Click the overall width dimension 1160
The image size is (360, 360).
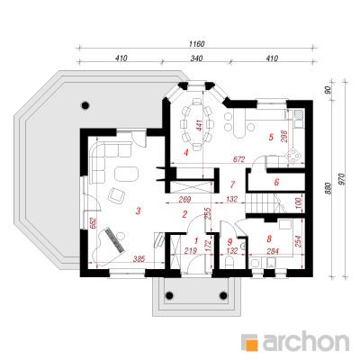tap(197, 44)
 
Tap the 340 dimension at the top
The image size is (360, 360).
tap(196, 58)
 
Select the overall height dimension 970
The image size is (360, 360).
tap(344, 179)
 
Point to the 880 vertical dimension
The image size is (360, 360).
tap(328, 188)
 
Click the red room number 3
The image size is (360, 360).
tap(138, 211)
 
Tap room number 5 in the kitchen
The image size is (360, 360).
tap(271, 138)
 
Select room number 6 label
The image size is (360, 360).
tap(276, 182)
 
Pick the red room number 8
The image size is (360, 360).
tap(269, 238)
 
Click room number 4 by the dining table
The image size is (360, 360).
tap(186, 153)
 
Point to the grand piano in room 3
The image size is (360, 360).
tap(110, 246)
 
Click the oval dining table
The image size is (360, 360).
tap(197, 124)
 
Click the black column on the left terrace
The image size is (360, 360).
tap(85, 105)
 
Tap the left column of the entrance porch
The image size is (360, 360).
tap(169, 295)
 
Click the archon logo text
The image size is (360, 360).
tap(306, 341)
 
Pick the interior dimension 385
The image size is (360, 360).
tap(139, 258)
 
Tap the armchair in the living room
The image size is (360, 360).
tap(116, 195)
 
